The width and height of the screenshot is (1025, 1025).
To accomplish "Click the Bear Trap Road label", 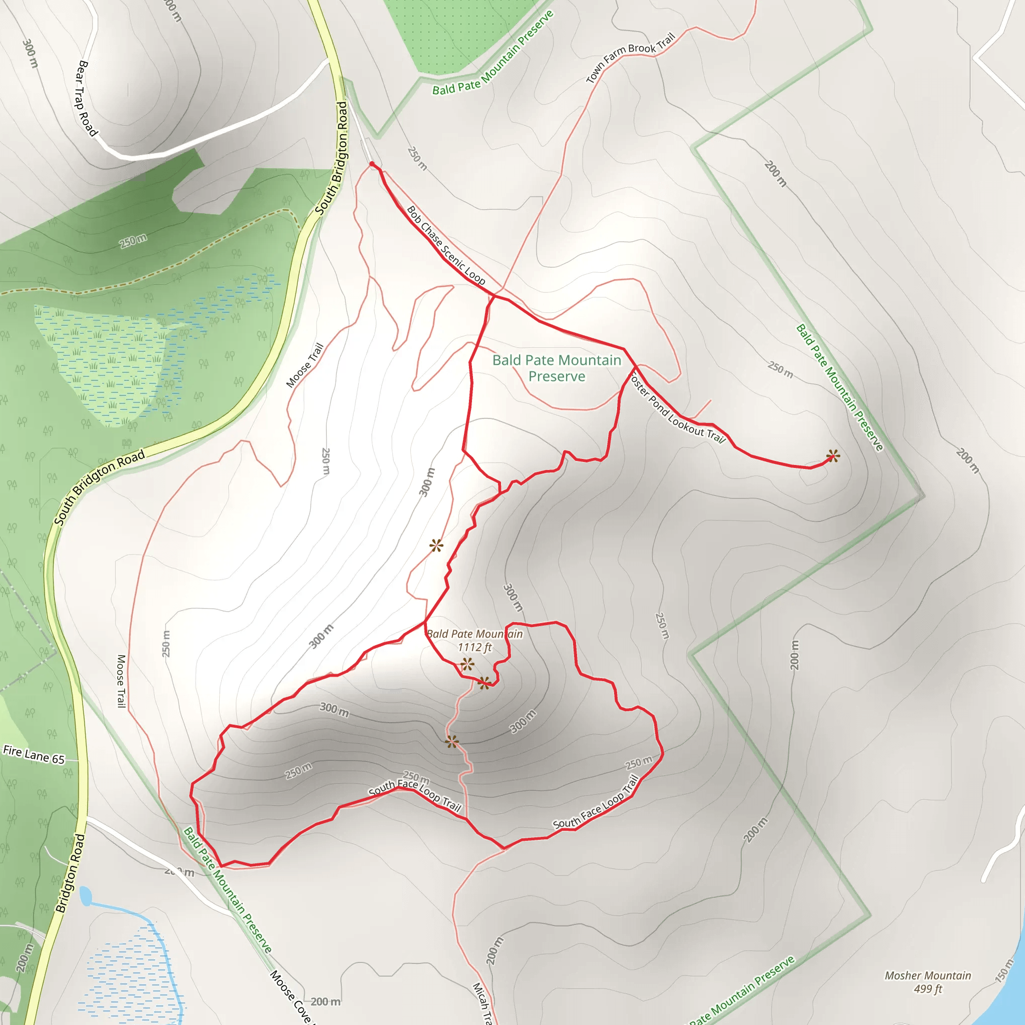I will tap(87, 98).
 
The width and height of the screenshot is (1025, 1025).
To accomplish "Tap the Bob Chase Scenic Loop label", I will tap(445, 245).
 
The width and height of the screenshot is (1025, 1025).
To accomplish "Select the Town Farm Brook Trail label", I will tap(630, 57).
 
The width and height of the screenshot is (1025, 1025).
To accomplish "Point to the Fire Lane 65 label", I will tap(34, 754).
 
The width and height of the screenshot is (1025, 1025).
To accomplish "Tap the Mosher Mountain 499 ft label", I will tap(927, 982).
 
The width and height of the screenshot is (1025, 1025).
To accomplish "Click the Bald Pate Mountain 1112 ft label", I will tap(474, 640).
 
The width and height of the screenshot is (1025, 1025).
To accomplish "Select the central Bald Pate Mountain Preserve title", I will tap(557, 368).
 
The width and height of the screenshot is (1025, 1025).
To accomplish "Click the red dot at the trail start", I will tap(372, 165).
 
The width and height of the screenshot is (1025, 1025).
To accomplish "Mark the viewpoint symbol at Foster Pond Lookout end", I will tap(832, 456).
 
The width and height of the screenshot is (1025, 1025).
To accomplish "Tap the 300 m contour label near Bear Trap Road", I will tap(30, 54).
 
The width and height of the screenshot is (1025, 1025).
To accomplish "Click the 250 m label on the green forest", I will tap(133, 241).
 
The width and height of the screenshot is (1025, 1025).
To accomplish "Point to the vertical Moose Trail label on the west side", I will tap(122, 681).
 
